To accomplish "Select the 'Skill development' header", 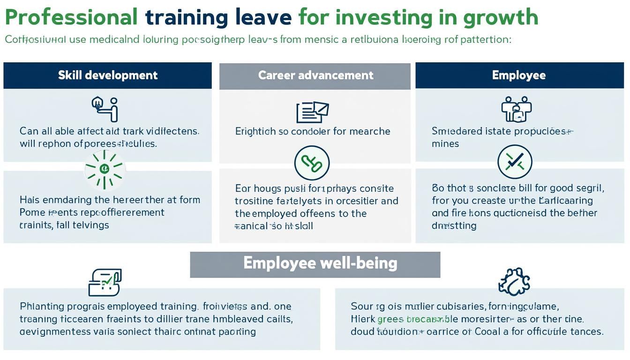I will (108, 75).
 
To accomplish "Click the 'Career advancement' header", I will (315, 75).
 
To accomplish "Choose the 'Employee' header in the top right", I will (518, 75).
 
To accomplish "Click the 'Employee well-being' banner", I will (315, 263).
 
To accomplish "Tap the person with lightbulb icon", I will (105, 108).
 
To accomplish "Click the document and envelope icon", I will (312, 112).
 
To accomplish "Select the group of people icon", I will (516, 109).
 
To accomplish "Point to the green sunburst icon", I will (104, 169).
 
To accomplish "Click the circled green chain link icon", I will (312, 163).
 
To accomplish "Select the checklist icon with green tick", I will (105, 282).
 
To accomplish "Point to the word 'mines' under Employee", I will (445, 144).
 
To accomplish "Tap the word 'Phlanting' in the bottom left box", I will (42, 307).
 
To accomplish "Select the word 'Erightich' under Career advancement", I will (255, 131).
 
